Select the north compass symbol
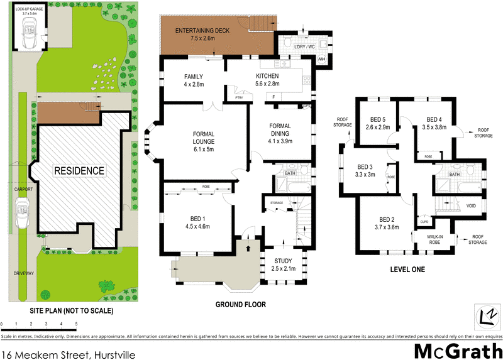485,315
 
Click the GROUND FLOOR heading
241,305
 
